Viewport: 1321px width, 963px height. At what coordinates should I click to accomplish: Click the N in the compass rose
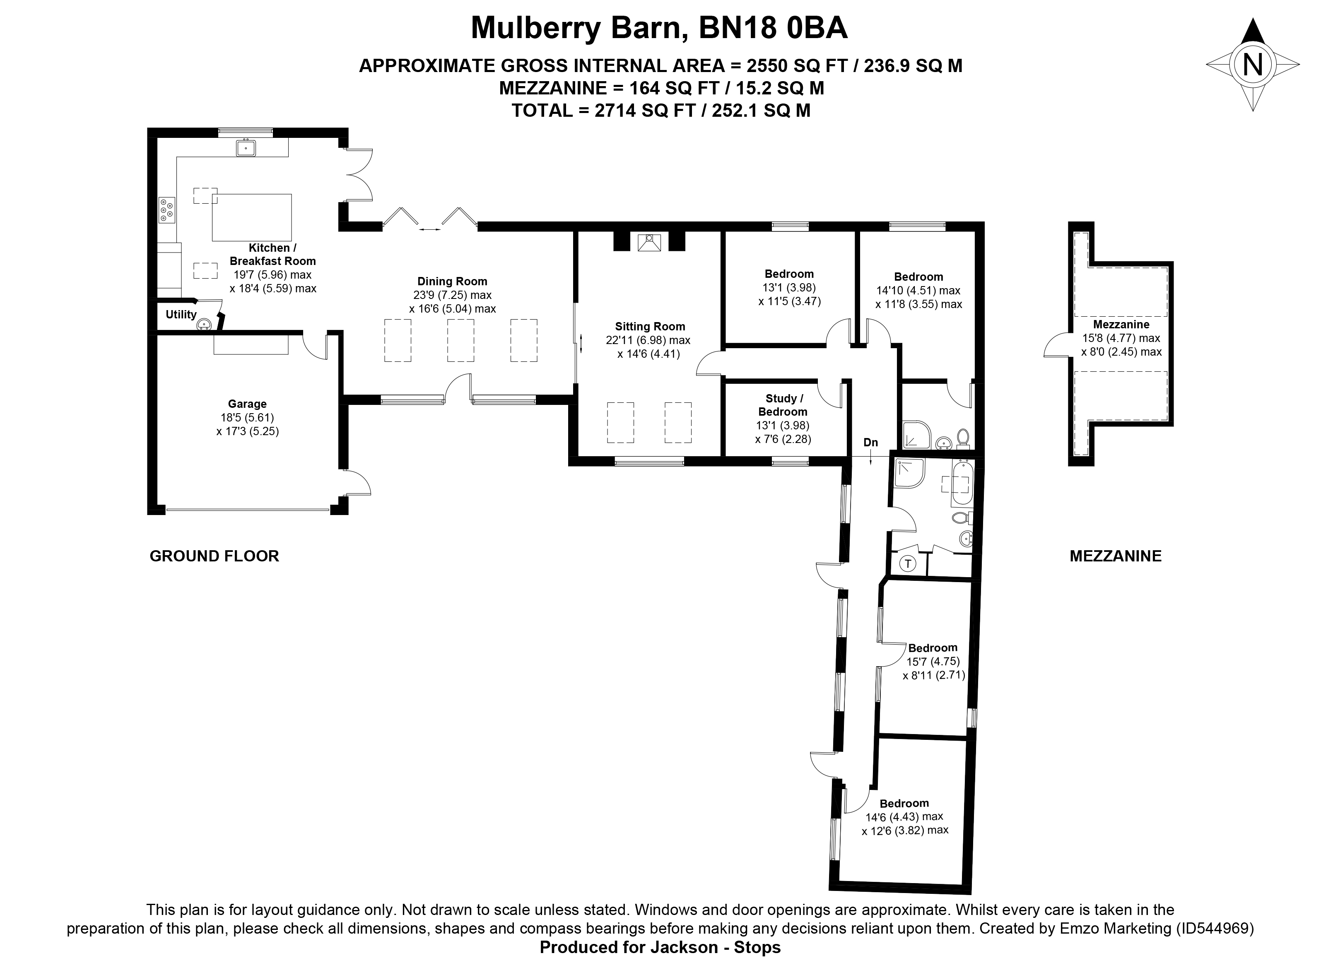1252,65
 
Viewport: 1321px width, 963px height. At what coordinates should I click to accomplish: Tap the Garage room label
247,403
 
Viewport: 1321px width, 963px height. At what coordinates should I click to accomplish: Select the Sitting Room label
650,326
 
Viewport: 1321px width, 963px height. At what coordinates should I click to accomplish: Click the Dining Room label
452,282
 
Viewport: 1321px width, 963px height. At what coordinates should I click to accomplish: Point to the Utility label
181,315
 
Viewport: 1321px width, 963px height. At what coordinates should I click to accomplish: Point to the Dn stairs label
870,443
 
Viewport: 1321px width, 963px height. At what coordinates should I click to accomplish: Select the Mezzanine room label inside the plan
1121,325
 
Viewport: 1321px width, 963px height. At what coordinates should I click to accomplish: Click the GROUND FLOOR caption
215,556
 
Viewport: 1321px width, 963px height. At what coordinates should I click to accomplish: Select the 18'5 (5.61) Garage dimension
247,417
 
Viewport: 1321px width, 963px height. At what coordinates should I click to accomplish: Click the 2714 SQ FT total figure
645,110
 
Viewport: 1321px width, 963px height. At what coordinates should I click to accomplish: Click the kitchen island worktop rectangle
252,217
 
